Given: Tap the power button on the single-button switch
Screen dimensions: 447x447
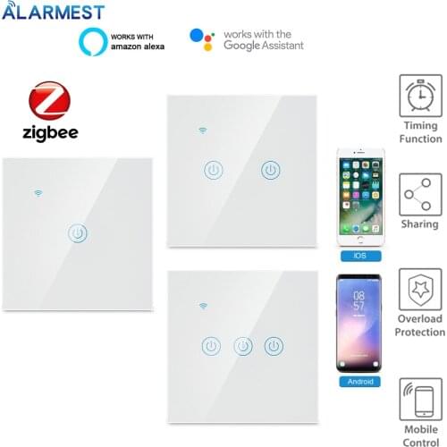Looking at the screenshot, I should (x=79, y=234).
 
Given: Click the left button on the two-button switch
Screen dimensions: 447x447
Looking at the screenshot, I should (x=214, y=169).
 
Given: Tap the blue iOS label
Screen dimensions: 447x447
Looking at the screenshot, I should (x=359, y=256).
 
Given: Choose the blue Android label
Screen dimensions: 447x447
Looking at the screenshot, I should (x=359, y=381).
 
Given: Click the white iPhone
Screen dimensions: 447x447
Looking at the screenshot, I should (x=359, y=197).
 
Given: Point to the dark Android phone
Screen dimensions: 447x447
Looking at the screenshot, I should (x=359, y=323).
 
